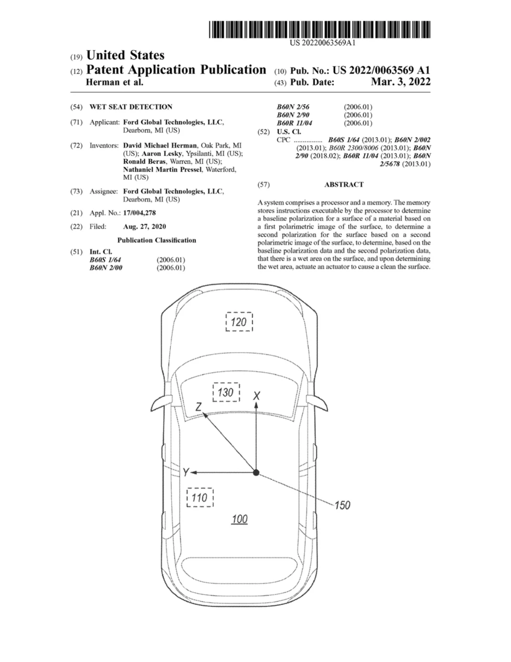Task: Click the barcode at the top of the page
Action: click(320, 29)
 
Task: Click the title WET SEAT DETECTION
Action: click(131, 107)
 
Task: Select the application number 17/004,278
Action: click(140, 213)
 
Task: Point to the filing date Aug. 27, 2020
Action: click(144, 226)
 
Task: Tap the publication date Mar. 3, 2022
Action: click(401, 82)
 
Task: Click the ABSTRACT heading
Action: click(344, 185)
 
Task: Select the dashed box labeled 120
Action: click(239, 322)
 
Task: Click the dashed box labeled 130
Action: click(226, 392)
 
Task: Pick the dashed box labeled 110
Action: click(200, 498)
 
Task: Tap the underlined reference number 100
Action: click(239, 519)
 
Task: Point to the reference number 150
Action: click(342, 506)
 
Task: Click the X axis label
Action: click(257, 396)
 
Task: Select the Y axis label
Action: click(186, 473)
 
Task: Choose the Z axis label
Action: click(198, 407)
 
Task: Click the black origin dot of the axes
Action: click(256, 473)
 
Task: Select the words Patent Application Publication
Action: click(176, 70)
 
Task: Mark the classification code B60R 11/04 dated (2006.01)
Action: click(294, 123)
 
